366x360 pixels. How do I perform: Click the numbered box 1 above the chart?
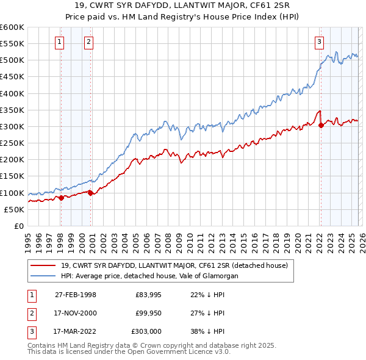tap(60, 42)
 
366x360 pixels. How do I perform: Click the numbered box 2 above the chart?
tap(88, 42)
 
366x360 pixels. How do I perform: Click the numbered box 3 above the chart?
tap(319, 42)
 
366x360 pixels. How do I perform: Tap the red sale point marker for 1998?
tap(62, 198)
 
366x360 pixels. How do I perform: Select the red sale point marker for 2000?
tap(91, 193)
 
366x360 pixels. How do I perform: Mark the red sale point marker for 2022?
tap(321, 126)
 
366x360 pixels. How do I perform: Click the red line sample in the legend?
tap(43, 265)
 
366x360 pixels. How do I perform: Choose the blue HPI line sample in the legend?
tap(43, 276)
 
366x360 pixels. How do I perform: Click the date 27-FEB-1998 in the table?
tap(75, 295)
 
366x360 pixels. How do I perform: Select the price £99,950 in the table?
tap(148, 313)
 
